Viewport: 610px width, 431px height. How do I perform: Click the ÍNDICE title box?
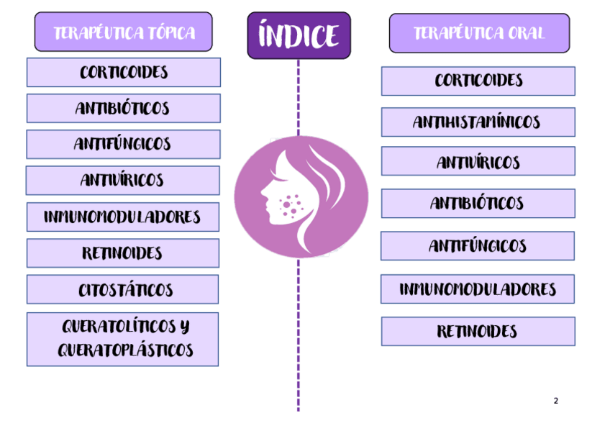point(299,35)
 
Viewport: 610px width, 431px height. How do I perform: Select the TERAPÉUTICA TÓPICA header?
point(124,32)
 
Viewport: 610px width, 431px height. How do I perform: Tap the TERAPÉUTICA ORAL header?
point(479,33)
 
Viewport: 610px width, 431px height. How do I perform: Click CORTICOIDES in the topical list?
point(124,73)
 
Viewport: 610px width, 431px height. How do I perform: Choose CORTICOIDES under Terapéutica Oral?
point(478,81)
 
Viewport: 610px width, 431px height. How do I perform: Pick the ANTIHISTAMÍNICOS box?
point(478,122)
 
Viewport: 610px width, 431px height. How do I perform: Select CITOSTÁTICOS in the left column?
point(124,290)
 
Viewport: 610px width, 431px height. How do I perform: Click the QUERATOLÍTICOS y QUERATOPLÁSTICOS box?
point(123,339)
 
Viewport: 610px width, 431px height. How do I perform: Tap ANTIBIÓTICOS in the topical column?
point(124,109)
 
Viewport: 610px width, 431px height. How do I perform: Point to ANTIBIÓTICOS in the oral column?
point(478,204)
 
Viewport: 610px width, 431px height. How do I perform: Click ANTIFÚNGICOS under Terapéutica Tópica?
point(124,145)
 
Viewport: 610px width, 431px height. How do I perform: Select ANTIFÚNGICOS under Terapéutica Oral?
point(478,246)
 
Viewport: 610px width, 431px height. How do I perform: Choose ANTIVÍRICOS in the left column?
point(123,181)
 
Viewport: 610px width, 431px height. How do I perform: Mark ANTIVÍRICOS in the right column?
point(478,162)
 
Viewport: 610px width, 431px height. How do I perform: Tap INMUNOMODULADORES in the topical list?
point(123,217)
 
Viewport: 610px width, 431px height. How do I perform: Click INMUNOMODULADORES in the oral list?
point(478,289)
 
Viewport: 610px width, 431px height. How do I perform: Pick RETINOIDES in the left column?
point(123,253)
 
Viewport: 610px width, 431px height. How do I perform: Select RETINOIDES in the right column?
point(478,332)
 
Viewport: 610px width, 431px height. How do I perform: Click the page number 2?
point(555,401)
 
